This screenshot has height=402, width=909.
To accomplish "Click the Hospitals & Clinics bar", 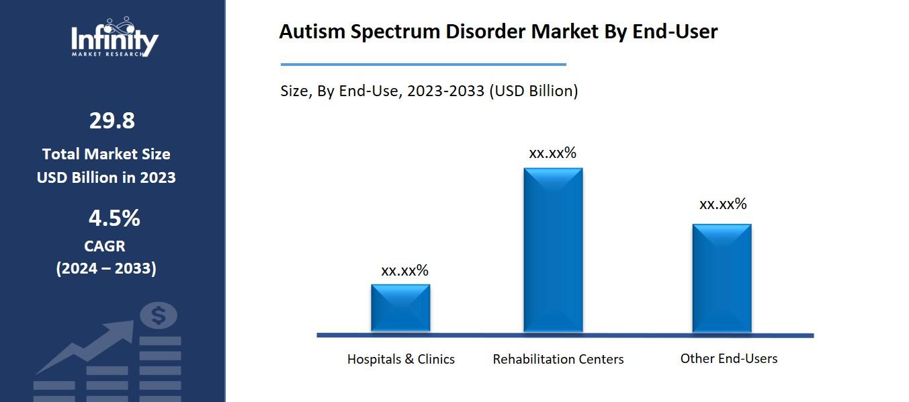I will pyautogui.click(x=400, y=308).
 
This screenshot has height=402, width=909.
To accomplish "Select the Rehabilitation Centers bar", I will pyautogui.click(x=553, y=250).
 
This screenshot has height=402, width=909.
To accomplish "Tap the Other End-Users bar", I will pyautogui.click(x=722, y=278).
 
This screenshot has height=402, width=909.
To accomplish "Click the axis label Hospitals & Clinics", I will pyautogui.click(x=400, y=359).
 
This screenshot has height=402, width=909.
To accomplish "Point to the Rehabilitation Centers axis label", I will pyautogui.click(x=558, y=359).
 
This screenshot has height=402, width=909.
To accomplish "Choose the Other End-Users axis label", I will pyautogui.click(x=728, y=358).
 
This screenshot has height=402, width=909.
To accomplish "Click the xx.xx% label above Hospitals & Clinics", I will pyautogui.click(x=404, y=271).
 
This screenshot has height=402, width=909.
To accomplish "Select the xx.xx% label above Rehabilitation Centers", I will pyautogui.click(x=552, y=153).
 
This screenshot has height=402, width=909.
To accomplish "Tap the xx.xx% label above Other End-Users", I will pyautogui.click(x=723, y=204).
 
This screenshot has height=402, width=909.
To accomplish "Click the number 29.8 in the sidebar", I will pyautogui.click(x=112, y=121).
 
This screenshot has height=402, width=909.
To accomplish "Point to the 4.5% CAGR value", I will pyautogui.click(x=114, y=218).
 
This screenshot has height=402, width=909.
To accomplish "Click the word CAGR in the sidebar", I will pyautogui.click(x=105, y=246).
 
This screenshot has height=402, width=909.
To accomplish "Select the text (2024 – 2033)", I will pyautogui.click(x=106, y=268).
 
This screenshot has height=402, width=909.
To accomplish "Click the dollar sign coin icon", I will pyautogui.click(x=159, y=315).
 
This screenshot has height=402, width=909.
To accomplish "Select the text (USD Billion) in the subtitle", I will pyautogui.click(x=533, y=91).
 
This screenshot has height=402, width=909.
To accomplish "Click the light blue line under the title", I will pyautogui.click(x=423, y=65).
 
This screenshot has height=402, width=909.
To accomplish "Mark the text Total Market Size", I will pyautogui.click(x=106, y=154).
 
